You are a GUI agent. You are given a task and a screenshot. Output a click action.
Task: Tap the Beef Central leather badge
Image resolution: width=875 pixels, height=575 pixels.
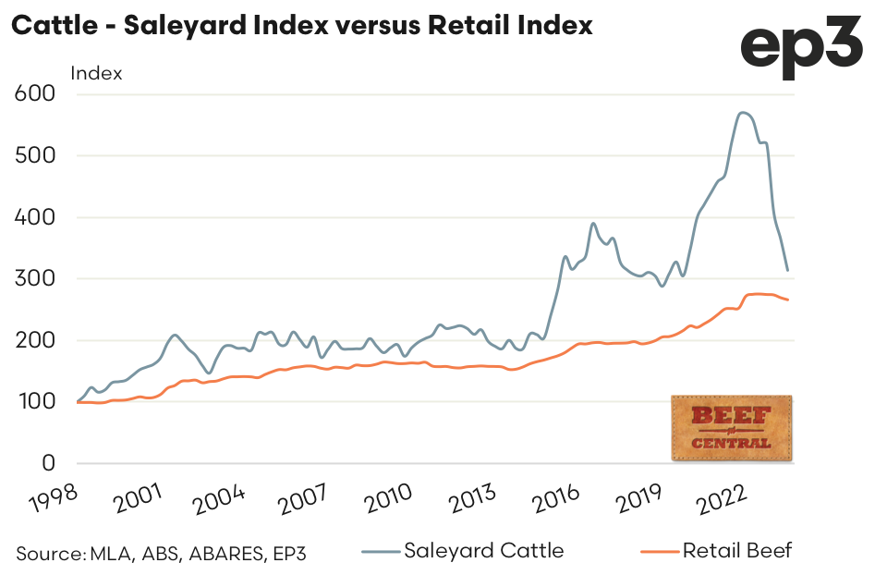[x=731, y=427]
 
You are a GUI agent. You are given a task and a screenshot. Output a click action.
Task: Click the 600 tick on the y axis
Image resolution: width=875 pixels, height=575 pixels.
[x=36, y=93]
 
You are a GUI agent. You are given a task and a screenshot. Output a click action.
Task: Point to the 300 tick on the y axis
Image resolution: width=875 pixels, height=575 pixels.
[x=36, y=278]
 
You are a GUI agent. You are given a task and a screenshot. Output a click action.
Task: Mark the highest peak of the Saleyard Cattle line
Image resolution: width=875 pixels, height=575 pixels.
[x=743, y=113]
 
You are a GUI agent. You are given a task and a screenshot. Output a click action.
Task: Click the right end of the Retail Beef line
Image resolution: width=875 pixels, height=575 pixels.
[x=787, y=300]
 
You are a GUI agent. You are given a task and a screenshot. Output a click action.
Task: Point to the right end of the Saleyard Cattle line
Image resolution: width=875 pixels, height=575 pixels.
[x=787, y=270]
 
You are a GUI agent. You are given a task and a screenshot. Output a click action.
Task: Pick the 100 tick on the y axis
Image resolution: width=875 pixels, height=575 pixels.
[x=36, y=402]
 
